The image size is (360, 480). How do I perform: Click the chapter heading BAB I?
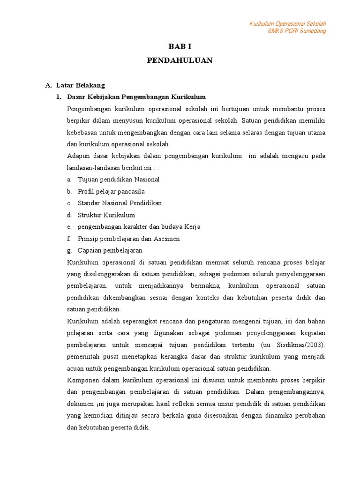click(180, 46)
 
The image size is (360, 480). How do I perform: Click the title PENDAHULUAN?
click(180, 60)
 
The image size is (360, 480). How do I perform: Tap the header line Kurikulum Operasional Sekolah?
click(287, 24)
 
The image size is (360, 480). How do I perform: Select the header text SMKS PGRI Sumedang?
click(296, 31)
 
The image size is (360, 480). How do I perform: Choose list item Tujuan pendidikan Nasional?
click(119, 180)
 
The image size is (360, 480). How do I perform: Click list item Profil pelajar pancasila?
click(111, 191)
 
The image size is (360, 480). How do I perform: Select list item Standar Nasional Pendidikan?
click(120, 203)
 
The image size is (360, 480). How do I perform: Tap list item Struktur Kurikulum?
click(106, 215)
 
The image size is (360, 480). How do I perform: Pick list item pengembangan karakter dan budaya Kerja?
click(139, 227)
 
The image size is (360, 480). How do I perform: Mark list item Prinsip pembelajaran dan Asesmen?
click(128, 239)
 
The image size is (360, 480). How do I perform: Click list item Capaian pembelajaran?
click(110, 250)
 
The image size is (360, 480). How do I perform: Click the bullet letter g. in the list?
click(69, 250)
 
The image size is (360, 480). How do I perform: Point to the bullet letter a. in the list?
click(69, 180)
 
